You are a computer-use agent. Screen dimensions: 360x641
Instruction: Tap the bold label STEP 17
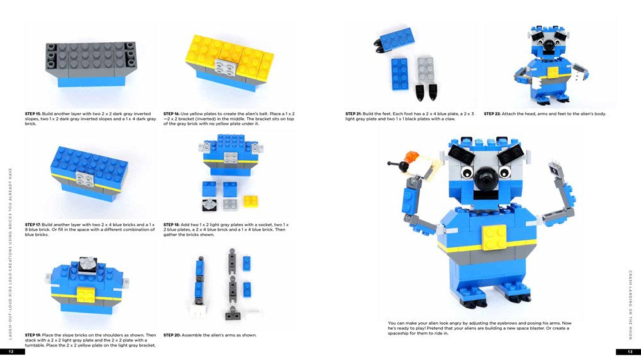pyautogui.click(x=33, y=225)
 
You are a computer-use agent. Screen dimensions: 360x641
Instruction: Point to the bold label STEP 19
pyautogui.click(x=33, y=334)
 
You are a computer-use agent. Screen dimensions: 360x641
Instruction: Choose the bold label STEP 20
pyautogui.click(x=172, y=334)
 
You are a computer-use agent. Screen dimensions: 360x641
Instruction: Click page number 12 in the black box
pyautogui.click(x=12, y=352)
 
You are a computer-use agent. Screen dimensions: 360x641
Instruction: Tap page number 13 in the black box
pyautogui.click(x=629, y=352)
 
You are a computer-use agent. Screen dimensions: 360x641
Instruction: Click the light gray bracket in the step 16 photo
pyautogui.click(x=225, y=66)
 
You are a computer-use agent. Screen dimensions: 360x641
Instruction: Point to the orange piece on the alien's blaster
pyautogui.click(x=410, y=156)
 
